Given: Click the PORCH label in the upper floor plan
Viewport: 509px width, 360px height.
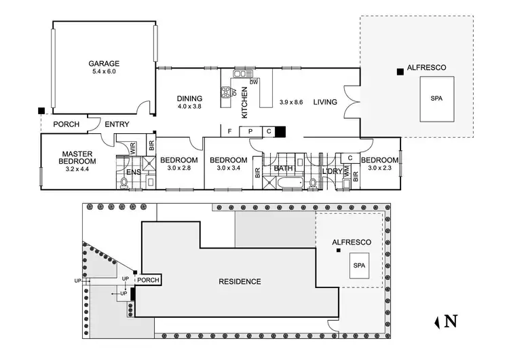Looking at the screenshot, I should click(66, 124).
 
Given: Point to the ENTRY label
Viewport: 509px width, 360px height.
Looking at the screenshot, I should click(117, 124).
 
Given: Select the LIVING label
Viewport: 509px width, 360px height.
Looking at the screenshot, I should click(325, 103).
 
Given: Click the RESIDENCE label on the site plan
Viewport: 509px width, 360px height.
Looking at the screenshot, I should click(240, 281).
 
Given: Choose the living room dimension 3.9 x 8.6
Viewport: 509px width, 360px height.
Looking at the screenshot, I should click(293, 103).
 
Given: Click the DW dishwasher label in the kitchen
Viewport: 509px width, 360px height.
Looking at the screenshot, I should click(254, 82).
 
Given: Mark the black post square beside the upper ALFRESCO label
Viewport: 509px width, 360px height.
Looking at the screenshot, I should click(400, 70).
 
